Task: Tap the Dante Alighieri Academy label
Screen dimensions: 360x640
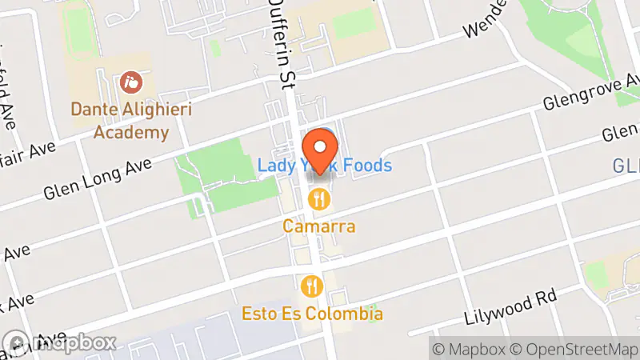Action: click(132, 119)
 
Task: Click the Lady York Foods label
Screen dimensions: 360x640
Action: click(325, 166)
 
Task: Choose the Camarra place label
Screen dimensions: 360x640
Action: click(319, 226)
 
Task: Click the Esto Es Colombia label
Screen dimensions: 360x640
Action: click(312, 314)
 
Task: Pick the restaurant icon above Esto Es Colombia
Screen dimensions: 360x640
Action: click(311, 286)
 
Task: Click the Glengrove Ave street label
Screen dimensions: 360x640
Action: click(591, 92)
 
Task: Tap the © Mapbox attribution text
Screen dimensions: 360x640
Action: click(469, 349)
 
